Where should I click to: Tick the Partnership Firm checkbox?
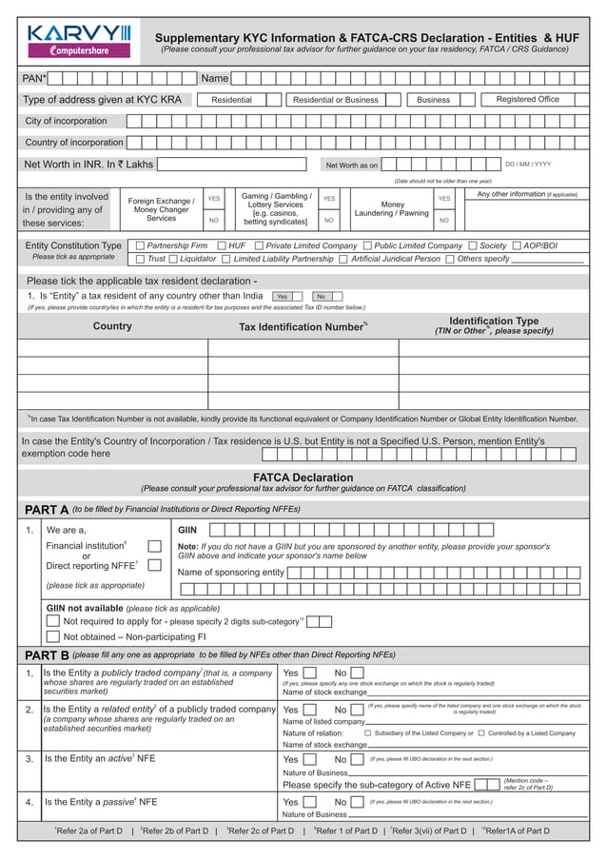click(x=140, y=245)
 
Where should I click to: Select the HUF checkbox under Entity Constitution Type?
click(x=221, y=245)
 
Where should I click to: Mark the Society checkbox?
click(x=472, y=245)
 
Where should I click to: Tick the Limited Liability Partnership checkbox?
click(x=226, y=259)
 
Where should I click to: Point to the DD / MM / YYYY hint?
click(x=527, y=165)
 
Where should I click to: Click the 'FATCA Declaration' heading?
click(x=303, y=478)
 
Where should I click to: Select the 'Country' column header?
click(x=112, y=326)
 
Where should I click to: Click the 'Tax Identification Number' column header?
click(x=302, y=327)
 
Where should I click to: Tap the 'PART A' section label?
click(x=47, y=510)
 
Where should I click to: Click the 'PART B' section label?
click(x=47, y=655)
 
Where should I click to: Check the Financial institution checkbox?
click(x=155, y=546)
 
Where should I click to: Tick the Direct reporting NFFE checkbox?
click(x=155, y=565)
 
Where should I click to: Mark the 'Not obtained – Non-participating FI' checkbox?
click(x=53, y=637)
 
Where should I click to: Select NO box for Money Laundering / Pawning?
click(x=444, y=220)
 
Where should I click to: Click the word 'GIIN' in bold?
click(x=187, y=530)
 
